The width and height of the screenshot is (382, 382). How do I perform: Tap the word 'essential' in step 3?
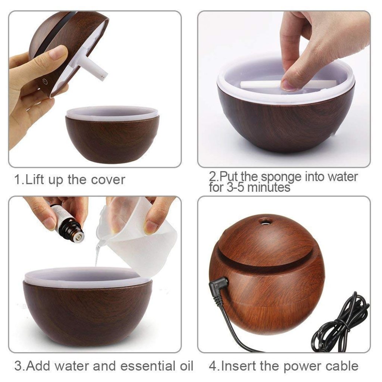click(x=136, y=366)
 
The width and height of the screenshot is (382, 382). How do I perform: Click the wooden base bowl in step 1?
click(x=112, y=138)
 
